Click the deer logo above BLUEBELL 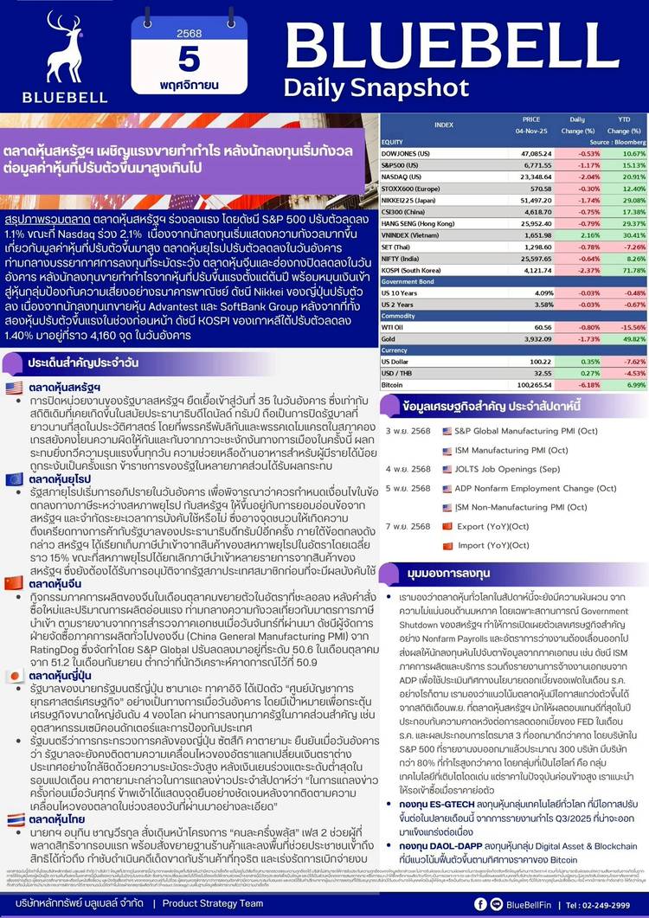pos(48,48)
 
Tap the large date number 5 pos(188,60)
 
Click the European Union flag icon pos(14,478)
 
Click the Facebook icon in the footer pos(504,903)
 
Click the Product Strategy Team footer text pos(213,903)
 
